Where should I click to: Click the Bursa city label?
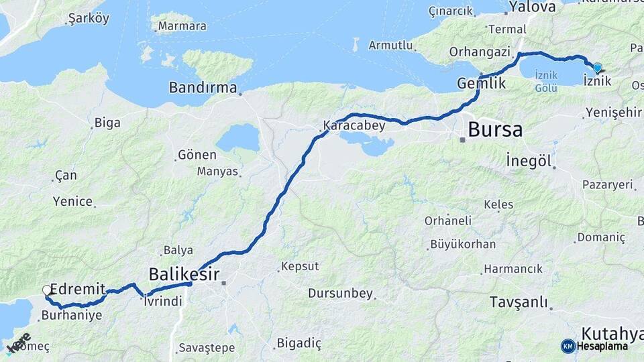[x=495, y=129]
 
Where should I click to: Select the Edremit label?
[x=77, y=289]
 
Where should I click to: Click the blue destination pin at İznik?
[x=597, y=67]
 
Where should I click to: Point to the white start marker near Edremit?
[x=46, y=290]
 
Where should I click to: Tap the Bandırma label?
[x=203, y=88]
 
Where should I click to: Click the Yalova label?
[x=533, y=7]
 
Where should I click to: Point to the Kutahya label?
[x=612, y=333]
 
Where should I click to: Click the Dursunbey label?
[x=339, y=293]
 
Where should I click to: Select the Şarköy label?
[x=89, y=19]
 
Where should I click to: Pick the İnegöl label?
[x=529, y=162]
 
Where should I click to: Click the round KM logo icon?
[x=568, y=346]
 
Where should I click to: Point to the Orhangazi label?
[x=480, y=52]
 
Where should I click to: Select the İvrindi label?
[x=163, y=302]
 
